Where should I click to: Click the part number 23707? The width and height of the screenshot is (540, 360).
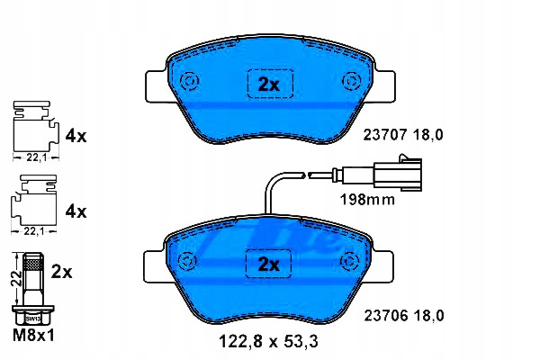[x=385, y=135]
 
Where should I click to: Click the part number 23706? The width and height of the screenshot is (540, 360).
[x=386, y=316]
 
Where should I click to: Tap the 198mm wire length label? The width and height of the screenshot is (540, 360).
[x=367, y=200]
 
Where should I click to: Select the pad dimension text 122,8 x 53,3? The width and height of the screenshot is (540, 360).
[x=268, y=342]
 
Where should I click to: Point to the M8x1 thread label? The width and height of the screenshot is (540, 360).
[x=33, y=335]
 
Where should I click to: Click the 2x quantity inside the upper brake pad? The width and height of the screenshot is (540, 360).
[x=269, y=84]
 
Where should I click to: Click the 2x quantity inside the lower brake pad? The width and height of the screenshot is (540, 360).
[x=268, y=265]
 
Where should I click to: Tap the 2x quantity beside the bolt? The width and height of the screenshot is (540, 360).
[x=61, y=273]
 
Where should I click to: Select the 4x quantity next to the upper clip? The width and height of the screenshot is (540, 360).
[x=76, y=137]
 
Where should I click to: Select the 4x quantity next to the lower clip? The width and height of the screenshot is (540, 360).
[x=76, y=211]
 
